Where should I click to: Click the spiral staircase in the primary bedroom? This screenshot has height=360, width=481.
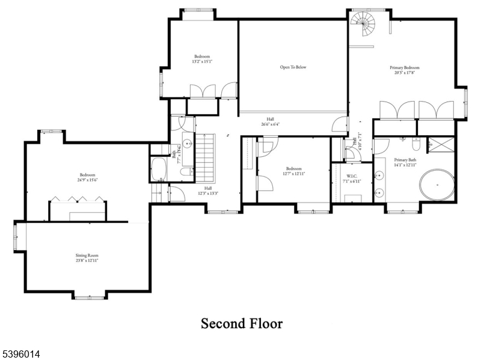(364, 25)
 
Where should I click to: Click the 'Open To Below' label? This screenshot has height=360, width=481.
(293, 67)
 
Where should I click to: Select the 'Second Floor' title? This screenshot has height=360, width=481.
(241, 324)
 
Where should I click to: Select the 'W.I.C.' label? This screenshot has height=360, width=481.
(352, 175)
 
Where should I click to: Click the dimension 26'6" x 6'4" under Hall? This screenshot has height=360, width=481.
(271, 124)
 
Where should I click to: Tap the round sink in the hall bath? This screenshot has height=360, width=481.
(187, 144)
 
